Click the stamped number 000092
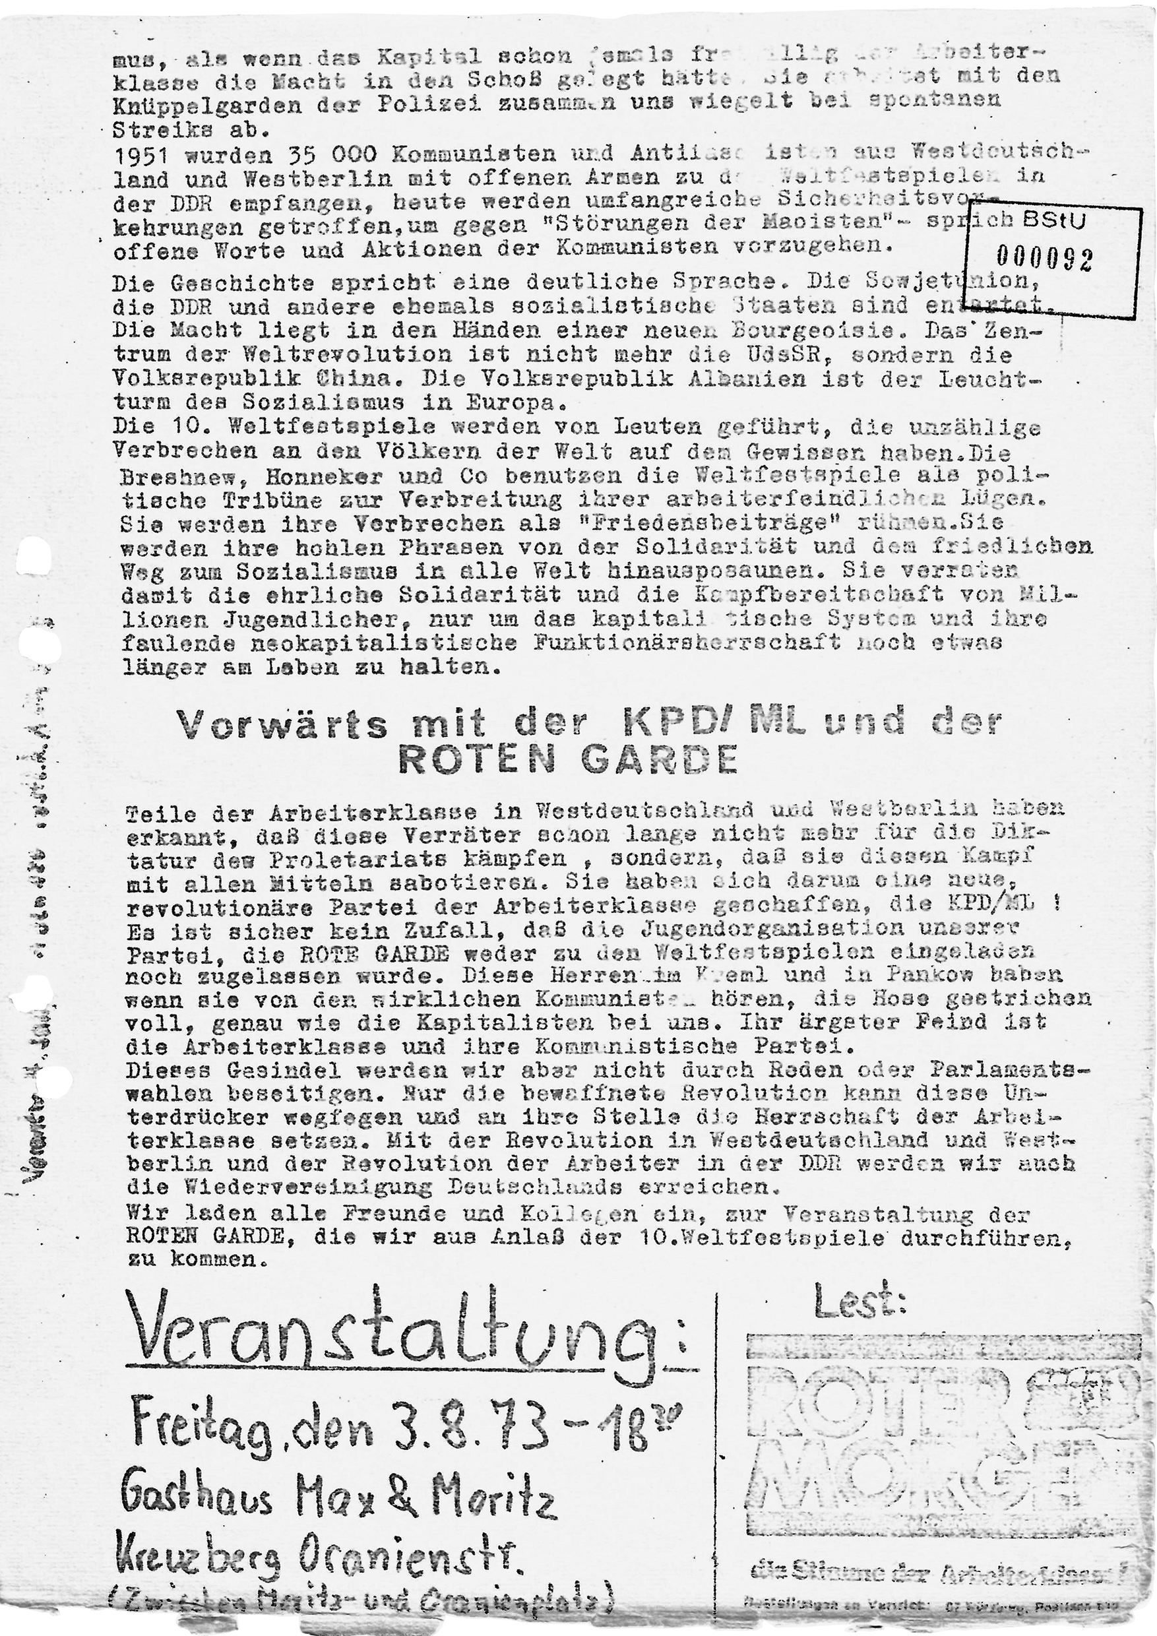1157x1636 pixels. click(x=1044, y=259)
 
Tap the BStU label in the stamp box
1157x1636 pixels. click(x=1054, y=221)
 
